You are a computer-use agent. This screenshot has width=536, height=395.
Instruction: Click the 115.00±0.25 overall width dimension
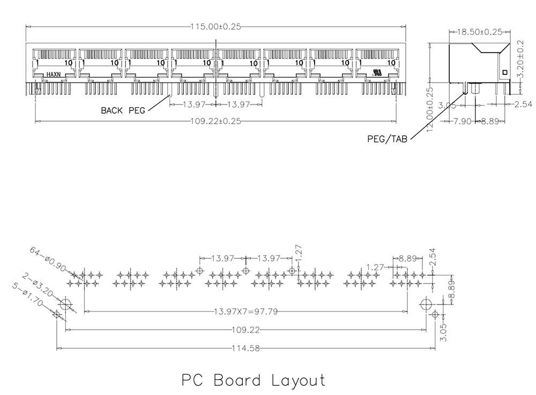pos(215,25)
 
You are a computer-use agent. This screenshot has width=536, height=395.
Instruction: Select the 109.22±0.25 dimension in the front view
pos(215,121)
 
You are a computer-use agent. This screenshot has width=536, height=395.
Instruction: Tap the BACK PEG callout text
pos(123,111)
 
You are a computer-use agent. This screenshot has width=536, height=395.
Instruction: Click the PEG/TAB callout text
pos(387,138)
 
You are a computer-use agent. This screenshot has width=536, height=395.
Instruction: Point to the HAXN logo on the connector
pos(54,74)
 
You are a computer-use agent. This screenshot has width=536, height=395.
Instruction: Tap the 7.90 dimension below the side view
pos(462,122)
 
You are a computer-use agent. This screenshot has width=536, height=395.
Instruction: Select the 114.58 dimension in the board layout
pos(245,348)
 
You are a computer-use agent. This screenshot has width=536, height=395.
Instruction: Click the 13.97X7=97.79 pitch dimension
pos(245,311)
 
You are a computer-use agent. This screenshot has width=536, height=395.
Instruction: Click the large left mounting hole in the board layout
pos(65,305)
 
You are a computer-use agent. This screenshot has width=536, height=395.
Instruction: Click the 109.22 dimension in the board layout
pos(245,330)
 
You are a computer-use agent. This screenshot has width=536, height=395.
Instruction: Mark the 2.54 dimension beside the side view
pos(523,103)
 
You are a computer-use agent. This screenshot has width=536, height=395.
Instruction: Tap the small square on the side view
pos(503,72)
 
